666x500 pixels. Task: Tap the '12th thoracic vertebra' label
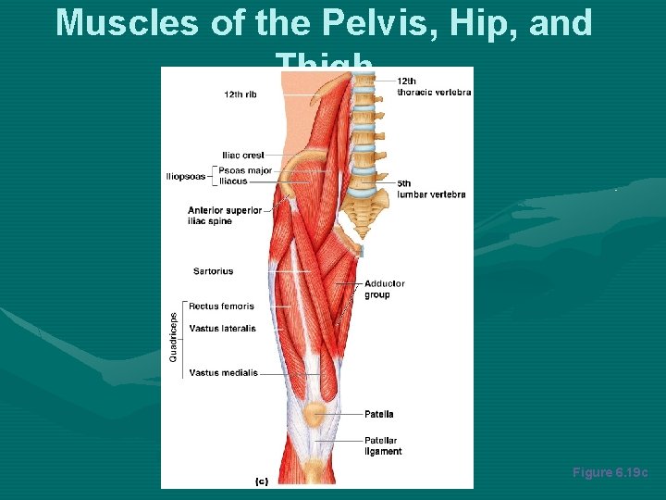434,86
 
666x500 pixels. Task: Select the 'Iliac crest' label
243,155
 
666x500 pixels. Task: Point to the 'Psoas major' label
245,170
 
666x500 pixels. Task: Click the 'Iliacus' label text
233,181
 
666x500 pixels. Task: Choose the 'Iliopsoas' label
186,176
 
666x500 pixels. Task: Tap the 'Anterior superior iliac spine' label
225,215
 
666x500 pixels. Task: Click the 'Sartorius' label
213,271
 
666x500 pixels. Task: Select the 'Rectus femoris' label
221,306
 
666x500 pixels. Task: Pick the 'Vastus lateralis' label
222,329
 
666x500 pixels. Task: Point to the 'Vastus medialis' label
222,373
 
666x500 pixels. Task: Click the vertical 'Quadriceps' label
173,335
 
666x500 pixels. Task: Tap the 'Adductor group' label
384,289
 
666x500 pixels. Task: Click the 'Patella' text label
378,414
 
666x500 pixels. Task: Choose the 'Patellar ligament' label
383,446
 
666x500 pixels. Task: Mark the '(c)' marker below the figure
261,481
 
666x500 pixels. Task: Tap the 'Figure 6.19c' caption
610,472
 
